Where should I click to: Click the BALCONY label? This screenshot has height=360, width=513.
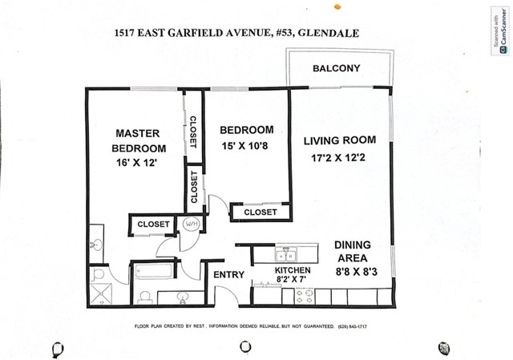[x=336, y=68]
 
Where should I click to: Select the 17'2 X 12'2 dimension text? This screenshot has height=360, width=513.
[x=339, y=159]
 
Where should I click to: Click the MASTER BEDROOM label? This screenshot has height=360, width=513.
[x=139, y=140]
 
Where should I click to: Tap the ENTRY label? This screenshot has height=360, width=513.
[x=228, y=275]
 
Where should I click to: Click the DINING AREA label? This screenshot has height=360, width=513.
[x=350, y=252]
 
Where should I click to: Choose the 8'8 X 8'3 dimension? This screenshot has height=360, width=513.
[x=355, y=273]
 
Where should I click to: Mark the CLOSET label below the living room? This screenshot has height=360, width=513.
[x=260, y=212]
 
